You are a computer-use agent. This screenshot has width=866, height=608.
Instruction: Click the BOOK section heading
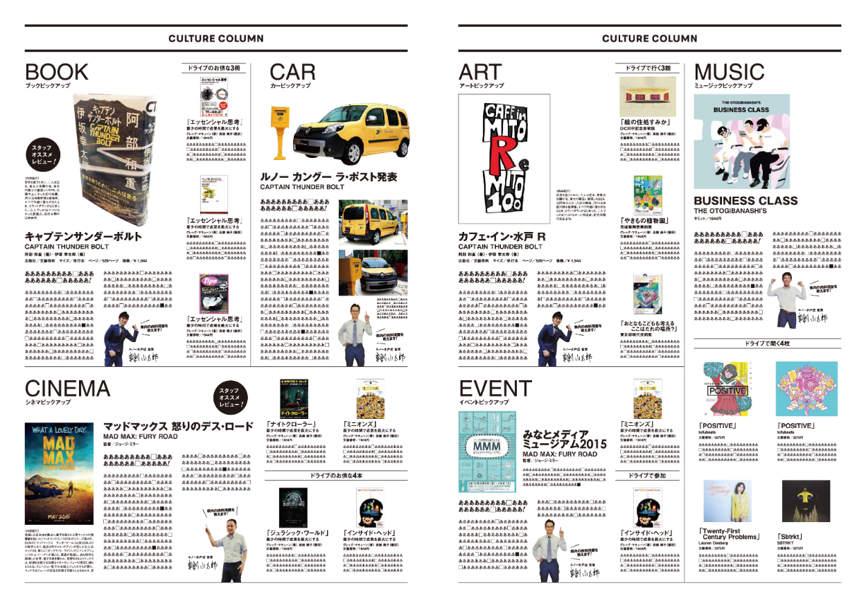point(57,72)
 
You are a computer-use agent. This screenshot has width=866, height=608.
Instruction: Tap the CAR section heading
point(292,72)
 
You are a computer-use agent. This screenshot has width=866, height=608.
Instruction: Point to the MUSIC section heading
point(729,72)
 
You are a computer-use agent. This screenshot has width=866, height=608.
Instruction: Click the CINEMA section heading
point(68,388)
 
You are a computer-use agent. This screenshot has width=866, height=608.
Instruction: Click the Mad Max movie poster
point(60,472)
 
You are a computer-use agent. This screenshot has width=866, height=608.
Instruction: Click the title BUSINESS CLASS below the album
point(736,201)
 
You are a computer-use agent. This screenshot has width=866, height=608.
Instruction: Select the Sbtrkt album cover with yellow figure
point(805,501)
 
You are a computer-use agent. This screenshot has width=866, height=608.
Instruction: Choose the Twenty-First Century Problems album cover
point(727,501)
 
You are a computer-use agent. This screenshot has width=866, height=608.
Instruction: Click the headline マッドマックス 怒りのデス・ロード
point(178,426)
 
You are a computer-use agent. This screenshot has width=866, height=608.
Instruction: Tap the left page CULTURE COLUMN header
point(215,39)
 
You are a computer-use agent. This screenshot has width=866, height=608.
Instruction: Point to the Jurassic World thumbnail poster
point(288,506)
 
